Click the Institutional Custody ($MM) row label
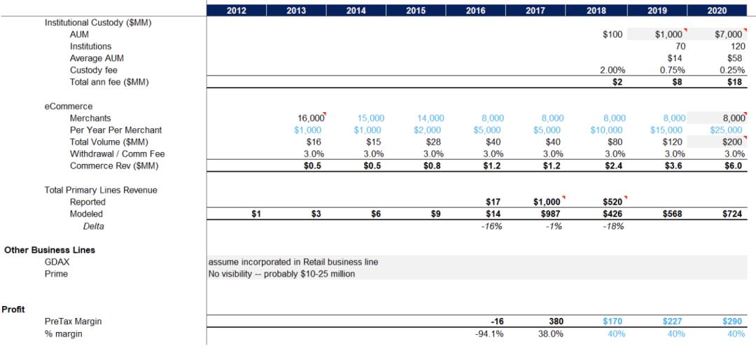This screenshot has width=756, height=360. pos(98,22)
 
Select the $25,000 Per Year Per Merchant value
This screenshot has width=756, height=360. pos(727,130)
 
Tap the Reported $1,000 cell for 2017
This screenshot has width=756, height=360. pos(547,202)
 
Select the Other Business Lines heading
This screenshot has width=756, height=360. pos(50,250)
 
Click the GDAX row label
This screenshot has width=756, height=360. pos(57,262)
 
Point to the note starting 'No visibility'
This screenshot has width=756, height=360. pos(281,274)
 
